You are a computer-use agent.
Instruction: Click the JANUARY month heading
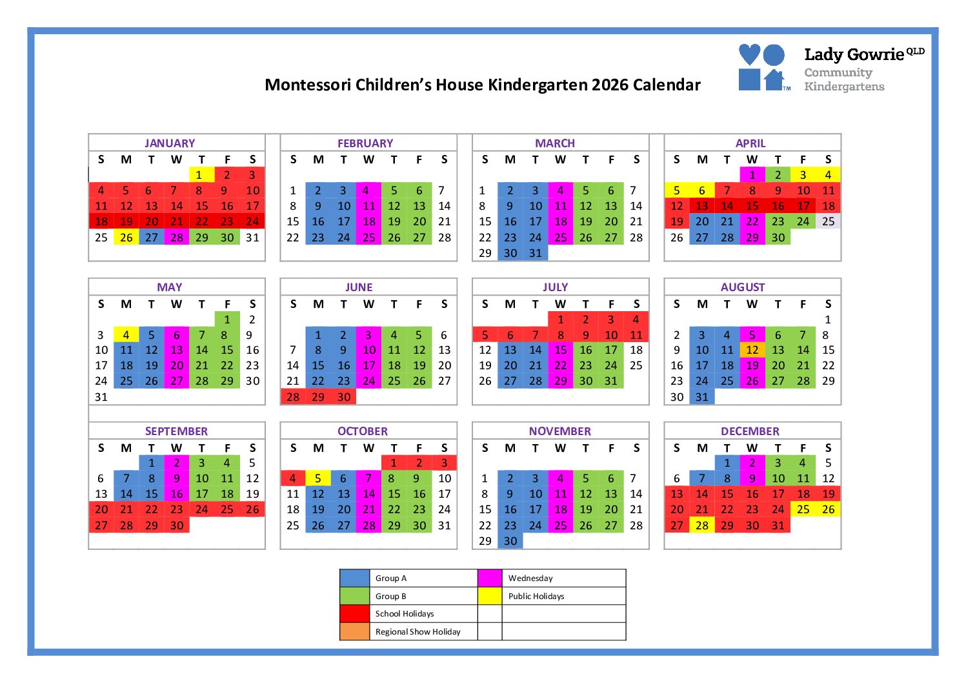click(x=169, y=143)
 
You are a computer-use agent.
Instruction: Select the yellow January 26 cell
click(x=126, y=238)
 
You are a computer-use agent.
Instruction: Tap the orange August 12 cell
click(x=752, y=350)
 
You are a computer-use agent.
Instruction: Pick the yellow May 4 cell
click(x=126, y=335)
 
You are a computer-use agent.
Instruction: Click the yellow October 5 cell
click(x=317, y=478)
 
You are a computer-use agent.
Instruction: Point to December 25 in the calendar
click(x=803, y=509)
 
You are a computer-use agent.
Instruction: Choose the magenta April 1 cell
click(x=752, y=175)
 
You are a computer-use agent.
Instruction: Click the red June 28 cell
click(x=293, y=397)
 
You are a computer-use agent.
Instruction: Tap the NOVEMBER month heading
click(x=559, y=431)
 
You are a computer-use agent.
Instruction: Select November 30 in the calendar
click(x=510, y=541)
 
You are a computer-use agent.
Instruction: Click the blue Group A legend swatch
click(x=354, y=578)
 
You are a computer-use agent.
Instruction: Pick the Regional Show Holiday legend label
click(x=418, y=632)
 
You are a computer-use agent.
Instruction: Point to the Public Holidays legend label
click(x=536, y=596)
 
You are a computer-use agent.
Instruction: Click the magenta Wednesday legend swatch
click(x=490, y=578)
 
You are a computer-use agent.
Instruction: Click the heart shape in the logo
click(x=749, y=54)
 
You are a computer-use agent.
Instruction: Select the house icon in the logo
click(x=774, y=79)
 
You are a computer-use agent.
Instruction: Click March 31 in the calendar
click(x=535, y=253)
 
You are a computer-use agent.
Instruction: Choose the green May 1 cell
click(x=227, y=320)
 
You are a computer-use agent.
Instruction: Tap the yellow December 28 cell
click(x=701, y=525)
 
